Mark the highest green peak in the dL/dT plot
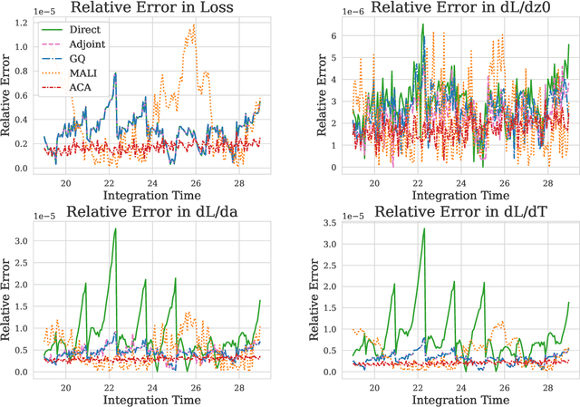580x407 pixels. [x=424, y=228]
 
